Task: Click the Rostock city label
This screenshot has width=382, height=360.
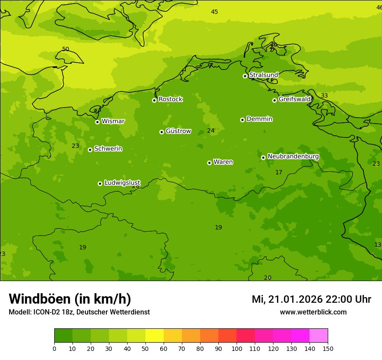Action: [x=170, y=99]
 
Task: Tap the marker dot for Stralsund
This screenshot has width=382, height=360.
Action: [x=245, y=76]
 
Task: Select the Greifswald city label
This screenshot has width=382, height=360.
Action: [x=294, y=99]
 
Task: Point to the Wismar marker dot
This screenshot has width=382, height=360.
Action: [x=97, y=122]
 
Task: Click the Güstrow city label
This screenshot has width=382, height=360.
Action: [x=178, y=131]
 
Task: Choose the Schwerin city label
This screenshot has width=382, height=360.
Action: [x=108, y=149]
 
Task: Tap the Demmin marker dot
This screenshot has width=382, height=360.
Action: [x=242, y=120]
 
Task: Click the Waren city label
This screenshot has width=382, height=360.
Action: [x=223, y=162]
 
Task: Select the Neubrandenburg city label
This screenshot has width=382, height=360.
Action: [x=293, y=157]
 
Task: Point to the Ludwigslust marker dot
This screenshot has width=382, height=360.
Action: [x=100, y=183]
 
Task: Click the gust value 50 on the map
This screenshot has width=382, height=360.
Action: [x=66, y=49]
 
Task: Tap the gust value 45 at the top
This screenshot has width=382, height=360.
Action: [x=214, y=12]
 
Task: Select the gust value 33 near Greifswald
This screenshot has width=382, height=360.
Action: [x=324, y=96]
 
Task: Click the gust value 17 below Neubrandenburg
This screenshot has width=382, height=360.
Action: [x=279, y=173]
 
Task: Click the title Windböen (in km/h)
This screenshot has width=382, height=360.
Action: [x=70, y=299]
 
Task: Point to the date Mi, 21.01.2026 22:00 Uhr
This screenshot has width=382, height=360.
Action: [x=311, y=299]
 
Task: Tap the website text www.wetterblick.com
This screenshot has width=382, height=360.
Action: [x=313, y=312]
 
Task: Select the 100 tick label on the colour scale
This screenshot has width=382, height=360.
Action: [x=237, y=349]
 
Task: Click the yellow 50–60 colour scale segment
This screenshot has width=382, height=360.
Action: [x=155, y=336]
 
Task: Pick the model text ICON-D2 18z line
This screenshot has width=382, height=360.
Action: [x=79, y=312]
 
